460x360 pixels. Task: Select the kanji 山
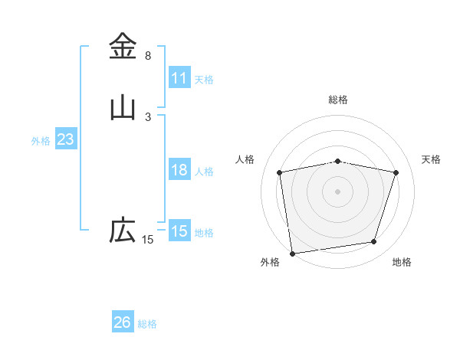[x=123, y=107]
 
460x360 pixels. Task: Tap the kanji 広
[x=123, y=230]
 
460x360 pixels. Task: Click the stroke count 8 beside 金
[x=148, y=56]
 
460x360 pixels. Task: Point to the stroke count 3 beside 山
[x=148, y=116]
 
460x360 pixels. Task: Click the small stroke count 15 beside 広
[x=147, y=240]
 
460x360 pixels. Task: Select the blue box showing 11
[x=179, y=78]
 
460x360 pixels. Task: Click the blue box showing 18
[x=179, y=170]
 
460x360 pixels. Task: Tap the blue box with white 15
[x=179, y=231]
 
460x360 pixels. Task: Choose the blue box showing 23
[x=65, y=139]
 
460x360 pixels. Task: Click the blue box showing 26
[x=123, y=322]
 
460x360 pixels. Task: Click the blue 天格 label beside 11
[x=204, y=79]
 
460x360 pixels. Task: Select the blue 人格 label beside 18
[x=204, y=172]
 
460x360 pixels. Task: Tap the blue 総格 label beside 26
[x=147, y=324]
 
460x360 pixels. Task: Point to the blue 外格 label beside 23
[x=41, y=141]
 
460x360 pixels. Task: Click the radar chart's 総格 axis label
[x=338, y=100]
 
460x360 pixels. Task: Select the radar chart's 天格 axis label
[x=432, y=159]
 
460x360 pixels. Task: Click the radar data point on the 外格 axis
[x=292, y=253]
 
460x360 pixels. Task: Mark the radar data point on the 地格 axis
[x=374, y=242]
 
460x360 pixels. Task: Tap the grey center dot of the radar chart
[x=338, y=191]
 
